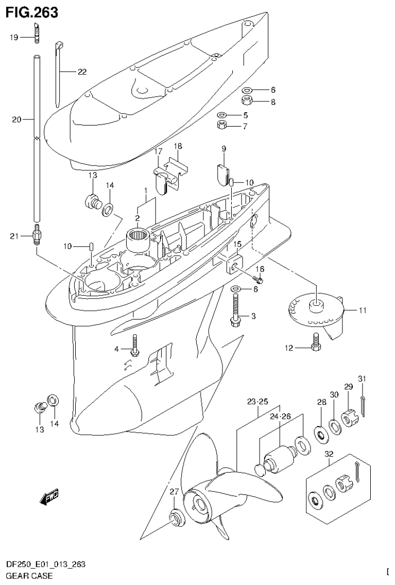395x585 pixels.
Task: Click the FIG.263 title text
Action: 32,12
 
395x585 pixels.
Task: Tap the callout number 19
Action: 14,37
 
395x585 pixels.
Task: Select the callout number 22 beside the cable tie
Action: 81,72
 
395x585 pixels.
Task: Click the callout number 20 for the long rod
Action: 16,119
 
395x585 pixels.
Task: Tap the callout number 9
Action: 224,149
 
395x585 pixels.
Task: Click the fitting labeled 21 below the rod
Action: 38,237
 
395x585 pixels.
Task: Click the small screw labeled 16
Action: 259,279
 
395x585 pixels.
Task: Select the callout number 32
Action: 329,454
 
